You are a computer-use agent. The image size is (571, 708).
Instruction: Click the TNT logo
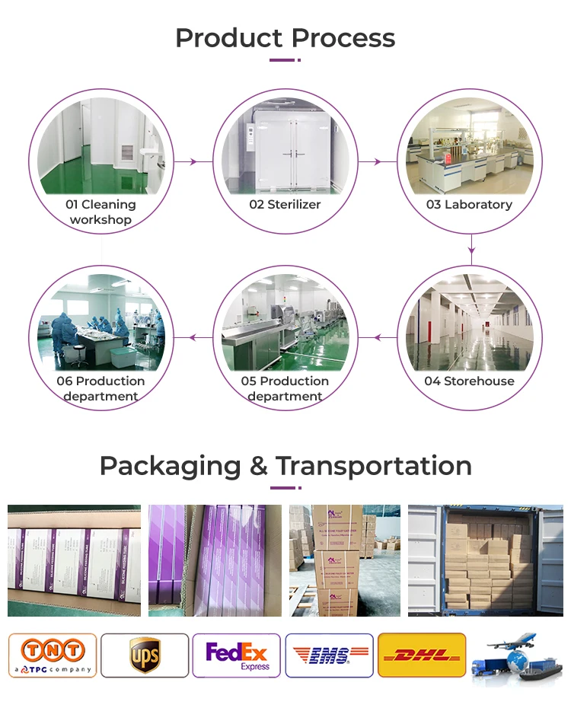pos(52,655)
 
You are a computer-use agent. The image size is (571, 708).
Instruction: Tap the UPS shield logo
pos(145,655)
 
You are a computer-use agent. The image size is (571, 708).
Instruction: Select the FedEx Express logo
pos(237,655)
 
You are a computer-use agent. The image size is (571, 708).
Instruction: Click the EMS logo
pos(329,655)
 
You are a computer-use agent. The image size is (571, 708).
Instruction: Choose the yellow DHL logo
pos(422,655)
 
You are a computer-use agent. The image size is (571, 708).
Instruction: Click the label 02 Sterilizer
pos(285,205)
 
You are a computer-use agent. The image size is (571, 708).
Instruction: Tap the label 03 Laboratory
pos(469,205)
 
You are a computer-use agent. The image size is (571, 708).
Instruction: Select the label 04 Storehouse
pos(469,381)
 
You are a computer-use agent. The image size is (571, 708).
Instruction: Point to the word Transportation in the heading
pos(373,466)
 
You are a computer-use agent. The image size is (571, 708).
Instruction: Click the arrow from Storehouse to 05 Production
pos(378,337)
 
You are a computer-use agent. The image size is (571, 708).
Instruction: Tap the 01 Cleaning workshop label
pos(100,212)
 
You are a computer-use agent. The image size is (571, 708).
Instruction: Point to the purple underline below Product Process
pos(285,60)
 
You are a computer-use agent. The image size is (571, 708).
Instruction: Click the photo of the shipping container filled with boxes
pos(485,560)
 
